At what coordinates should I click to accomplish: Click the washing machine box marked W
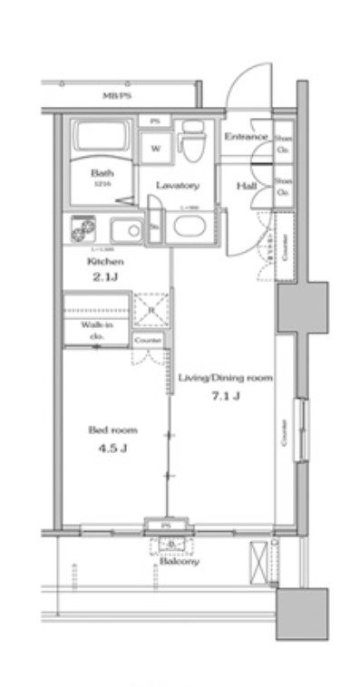(156, 148)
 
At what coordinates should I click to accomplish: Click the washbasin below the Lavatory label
(189, 227)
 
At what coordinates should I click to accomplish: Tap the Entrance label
(245, 137)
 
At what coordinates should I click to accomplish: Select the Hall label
(246, 186)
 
